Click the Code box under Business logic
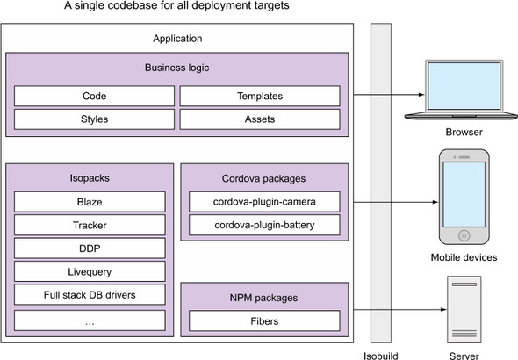(x=94, y=96)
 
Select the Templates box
(x=260, y=96)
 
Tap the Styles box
(x=94, y=119)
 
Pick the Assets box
(x=260, y=119)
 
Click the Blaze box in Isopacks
(x=90, y=202)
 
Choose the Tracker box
(x=90, y=225)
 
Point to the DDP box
(x=90, y=248)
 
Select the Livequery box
(x=90, y=271)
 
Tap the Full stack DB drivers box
(x=90, y=295)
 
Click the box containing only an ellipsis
(x=90, y=320)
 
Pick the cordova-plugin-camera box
(x=264, y=202)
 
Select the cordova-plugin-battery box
(x=264, y=225)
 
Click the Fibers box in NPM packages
(x=264, y=320)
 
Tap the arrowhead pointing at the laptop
(x=421, y=95)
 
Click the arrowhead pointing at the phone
(x=435, y=202)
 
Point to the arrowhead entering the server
(x=443, y=309)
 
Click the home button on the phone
(x=464, y=235)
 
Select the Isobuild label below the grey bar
(x=380, y=356)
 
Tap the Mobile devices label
(x=464, y=257)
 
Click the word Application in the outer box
(x=177, y=39)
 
